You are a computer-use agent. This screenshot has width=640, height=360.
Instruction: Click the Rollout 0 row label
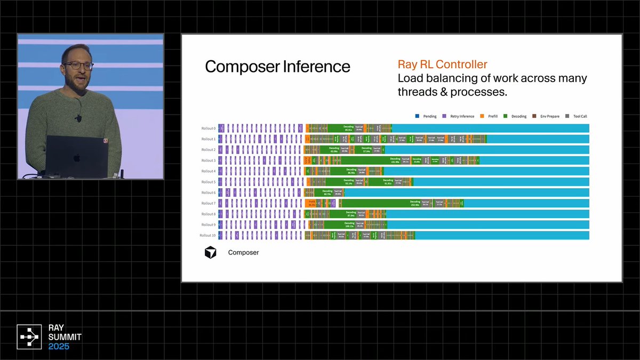pos(208,129)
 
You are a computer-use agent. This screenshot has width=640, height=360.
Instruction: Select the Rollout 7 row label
pos(208,203)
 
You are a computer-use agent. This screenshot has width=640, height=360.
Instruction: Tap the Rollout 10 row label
pos(207,235)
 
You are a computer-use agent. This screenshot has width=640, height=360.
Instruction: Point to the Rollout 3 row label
pos(208,161)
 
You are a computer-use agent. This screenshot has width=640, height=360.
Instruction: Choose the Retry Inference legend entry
pos(459,116)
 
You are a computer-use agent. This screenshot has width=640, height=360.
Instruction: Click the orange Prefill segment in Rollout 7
pos(311,203)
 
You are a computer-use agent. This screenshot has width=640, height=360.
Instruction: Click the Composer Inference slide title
pos(277,67)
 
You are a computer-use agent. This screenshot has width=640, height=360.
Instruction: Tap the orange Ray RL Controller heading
pos(442,65)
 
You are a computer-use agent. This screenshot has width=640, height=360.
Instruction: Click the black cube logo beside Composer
pos(211,252)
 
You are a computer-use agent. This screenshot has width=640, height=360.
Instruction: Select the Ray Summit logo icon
pos(30,337)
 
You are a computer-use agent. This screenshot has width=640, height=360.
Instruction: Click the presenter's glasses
pos(78,66)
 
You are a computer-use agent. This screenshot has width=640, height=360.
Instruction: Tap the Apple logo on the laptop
pos(76,158)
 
